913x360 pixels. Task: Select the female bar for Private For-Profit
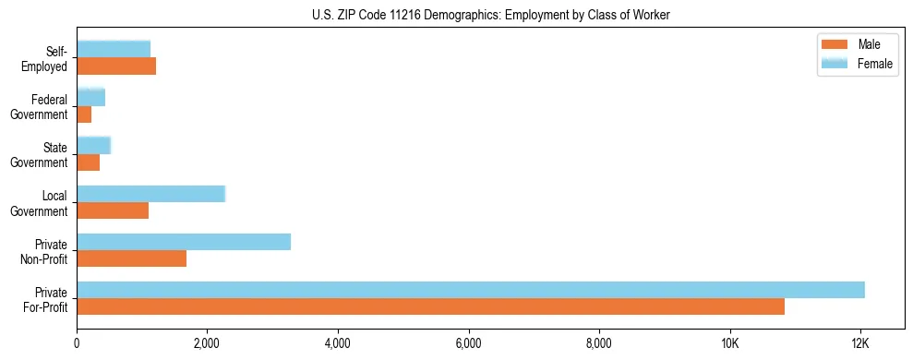click(471, 290)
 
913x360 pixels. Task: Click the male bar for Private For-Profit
click(430, 306)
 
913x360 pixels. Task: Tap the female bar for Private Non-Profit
click(184, 242)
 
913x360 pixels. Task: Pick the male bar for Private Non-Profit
click(131, 258)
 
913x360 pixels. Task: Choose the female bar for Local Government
click(150, 194)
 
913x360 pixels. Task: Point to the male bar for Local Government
click(113, 210)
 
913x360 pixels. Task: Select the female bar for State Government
click(93, 145)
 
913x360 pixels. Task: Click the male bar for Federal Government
click(84, 114)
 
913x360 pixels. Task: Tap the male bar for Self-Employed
click(116, 66)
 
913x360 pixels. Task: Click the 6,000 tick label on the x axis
click(469, 344)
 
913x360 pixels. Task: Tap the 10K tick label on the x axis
click(730, 344)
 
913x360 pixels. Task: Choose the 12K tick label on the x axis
click(860, 344)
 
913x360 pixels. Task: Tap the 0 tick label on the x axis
click(77, 344)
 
